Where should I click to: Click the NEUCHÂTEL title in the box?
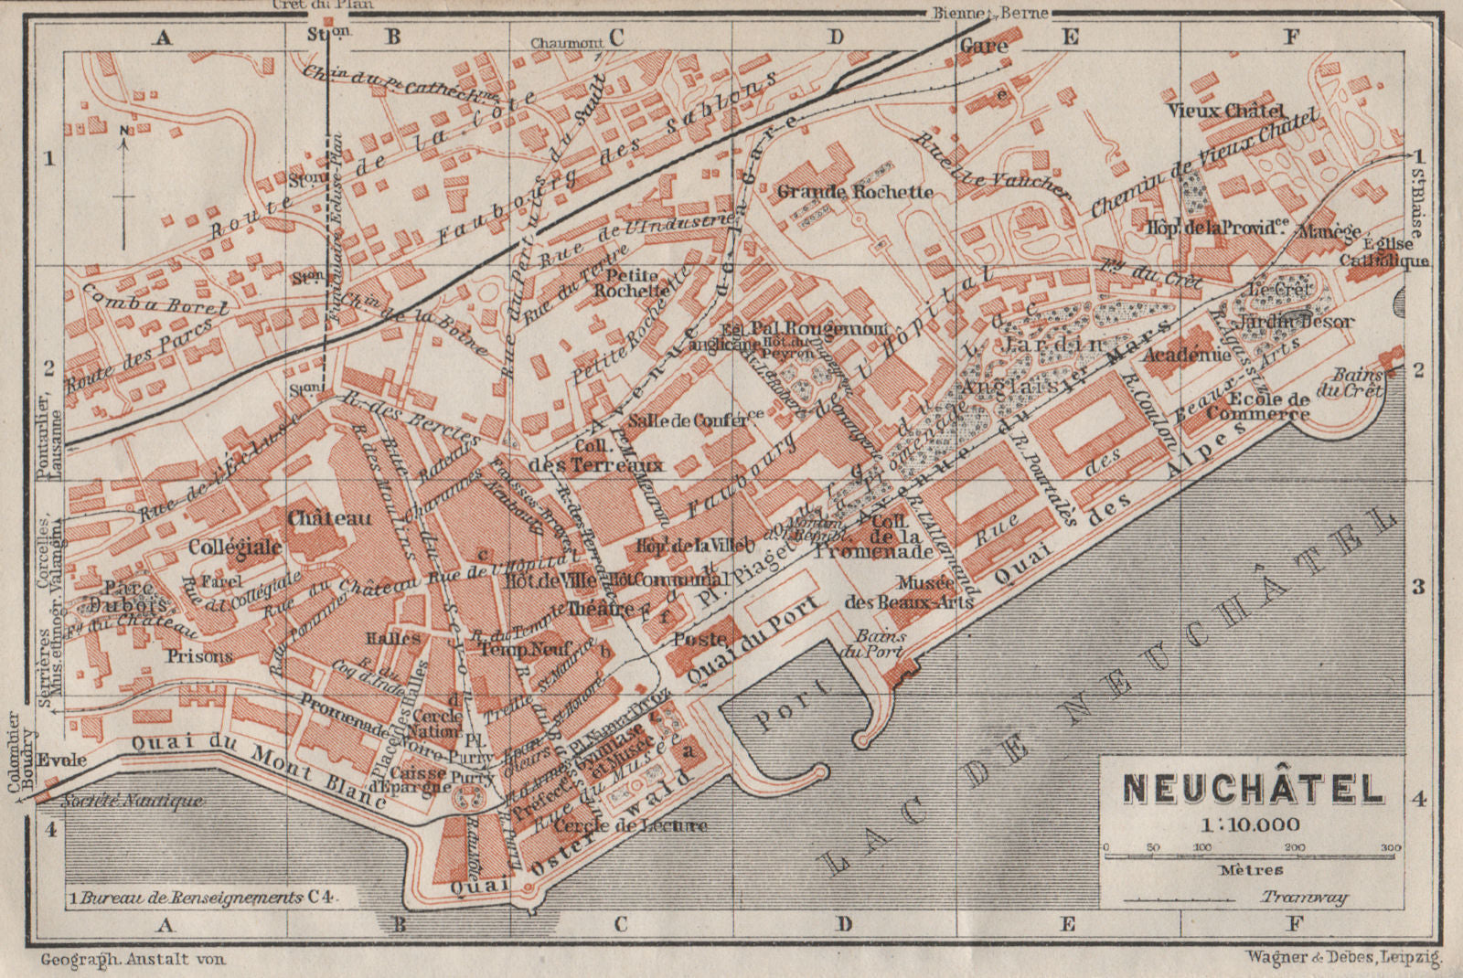click(x=1253, y=789)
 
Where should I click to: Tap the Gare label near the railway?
click(x=984, y=46)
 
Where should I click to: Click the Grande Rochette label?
click(x=855, y=192)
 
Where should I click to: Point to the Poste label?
click(x=700, y=639)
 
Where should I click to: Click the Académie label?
click(x=1187, y=355)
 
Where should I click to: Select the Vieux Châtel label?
click(x=1225, y=111)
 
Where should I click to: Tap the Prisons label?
click(x=199, y=656)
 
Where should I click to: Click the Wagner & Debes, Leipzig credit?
click(x=1341, y=958)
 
